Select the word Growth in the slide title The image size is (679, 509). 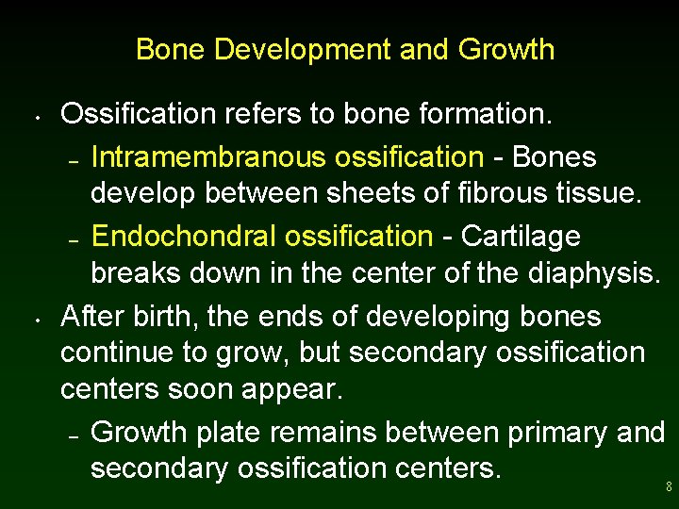tap(506, 49)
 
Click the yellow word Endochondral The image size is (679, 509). tap(188, 236)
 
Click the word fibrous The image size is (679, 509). tap(503, 195)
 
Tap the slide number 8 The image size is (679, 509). tap(669, 487)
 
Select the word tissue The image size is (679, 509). tap(600, 195)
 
